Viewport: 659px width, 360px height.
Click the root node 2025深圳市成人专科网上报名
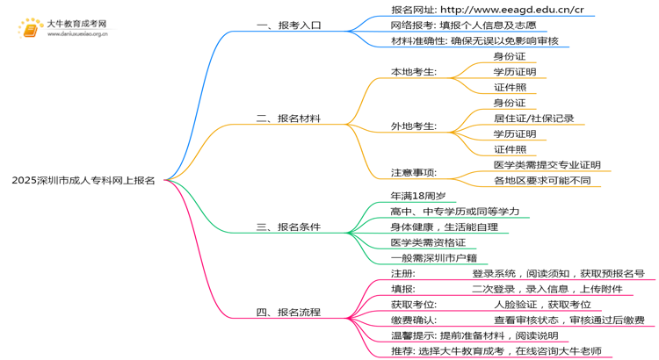tap(83, 180)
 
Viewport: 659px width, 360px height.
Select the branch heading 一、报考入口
tap(289, 25)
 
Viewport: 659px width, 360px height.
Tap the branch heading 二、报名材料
tap(289, 118)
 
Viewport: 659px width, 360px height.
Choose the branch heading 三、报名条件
tap(289, 227)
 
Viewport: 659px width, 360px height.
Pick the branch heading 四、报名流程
tap(289, 312)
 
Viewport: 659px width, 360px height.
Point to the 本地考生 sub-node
tap(414, 71)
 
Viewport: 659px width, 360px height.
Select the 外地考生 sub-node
tap(414, 126)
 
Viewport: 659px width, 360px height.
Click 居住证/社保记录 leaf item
tap(533, 118)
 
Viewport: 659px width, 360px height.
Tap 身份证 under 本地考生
tap(510, 55)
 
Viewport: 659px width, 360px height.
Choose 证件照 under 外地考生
tap(510, 149)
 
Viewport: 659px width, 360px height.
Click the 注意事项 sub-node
tap(414, 172)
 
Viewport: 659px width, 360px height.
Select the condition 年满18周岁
tap(417, 196)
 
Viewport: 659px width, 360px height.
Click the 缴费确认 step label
tap(414, 320)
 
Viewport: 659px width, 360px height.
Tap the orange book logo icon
tap(31, 29)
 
